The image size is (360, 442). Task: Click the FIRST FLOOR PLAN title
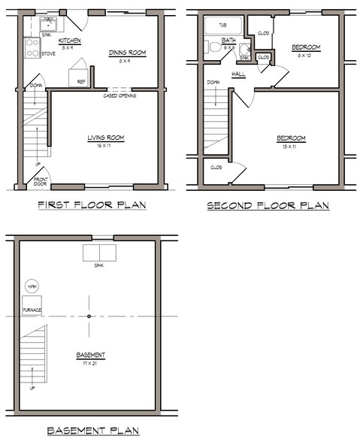(x=92, y=204)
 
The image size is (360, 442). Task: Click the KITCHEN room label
(x=70, y=41)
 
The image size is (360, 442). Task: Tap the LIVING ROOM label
(x=105, y=137)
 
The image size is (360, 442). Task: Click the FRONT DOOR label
(x=41, y=181)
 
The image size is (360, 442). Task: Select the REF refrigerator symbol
(x=80, y=76)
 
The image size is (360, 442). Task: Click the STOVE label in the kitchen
(x=48, y=53)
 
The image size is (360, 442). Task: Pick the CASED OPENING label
(x=119, y=95)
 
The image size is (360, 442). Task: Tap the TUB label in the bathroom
(x=222, y=25)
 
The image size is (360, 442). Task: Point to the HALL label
(x=239, y=74)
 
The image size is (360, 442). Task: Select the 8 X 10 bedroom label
(x=306, y=55)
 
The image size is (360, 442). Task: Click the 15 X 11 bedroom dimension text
(x=290, y=146)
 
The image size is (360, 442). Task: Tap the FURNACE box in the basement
(x=32, y=308)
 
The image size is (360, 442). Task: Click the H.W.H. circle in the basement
(x=32, y=288)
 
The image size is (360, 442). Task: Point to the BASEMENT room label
(x=90, y=355)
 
